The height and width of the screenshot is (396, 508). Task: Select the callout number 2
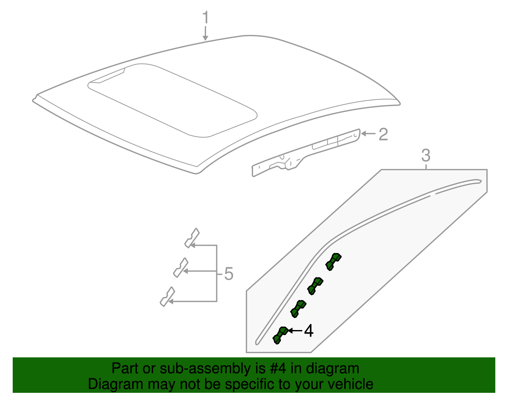[x=383, y=134]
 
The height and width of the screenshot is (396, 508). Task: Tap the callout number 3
[x=426, y=155]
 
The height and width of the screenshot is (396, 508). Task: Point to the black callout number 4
[x=309, y=331]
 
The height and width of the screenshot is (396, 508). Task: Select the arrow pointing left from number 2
[x=368, y=133]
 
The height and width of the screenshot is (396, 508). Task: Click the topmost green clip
[x=333, y=261]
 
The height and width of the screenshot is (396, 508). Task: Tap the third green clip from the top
[x=298, y=308]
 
